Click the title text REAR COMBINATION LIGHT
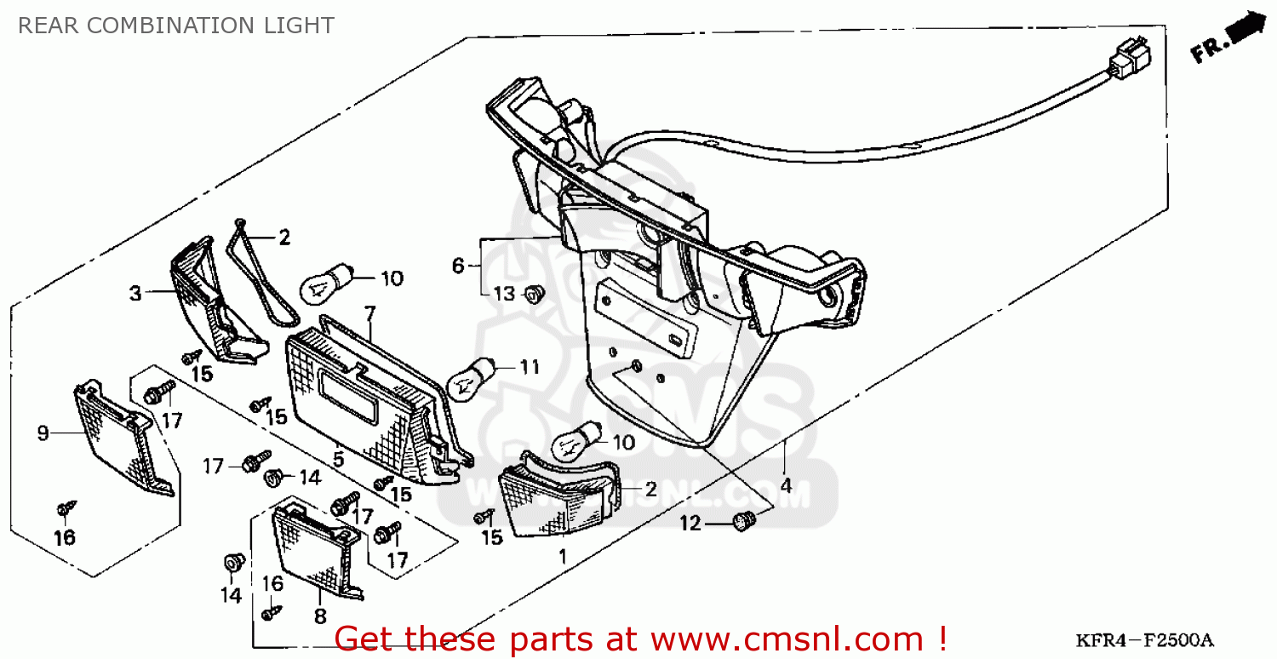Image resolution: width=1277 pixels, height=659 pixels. (x=175, y=26)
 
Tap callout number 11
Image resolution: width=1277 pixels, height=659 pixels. (x=530, y=368)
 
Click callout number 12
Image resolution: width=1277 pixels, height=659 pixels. (x=690, y=524)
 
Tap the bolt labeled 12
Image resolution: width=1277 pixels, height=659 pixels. (x=744, y=520)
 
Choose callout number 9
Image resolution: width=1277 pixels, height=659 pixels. (x=43, y=433)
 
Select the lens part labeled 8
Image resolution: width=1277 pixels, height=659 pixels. (x=315, y=549)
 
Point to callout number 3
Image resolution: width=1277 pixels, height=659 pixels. (x=135, y=295)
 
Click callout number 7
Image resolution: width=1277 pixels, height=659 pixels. (x=369, y=314)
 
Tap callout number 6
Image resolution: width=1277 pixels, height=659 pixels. (x=458, y=266)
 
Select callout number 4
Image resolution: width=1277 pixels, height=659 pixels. (x=786, y=486)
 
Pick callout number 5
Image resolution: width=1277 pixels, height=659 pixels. (x=338, y=460)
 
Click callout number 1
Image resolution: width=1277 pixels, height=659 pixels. (x=562, y=557)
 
